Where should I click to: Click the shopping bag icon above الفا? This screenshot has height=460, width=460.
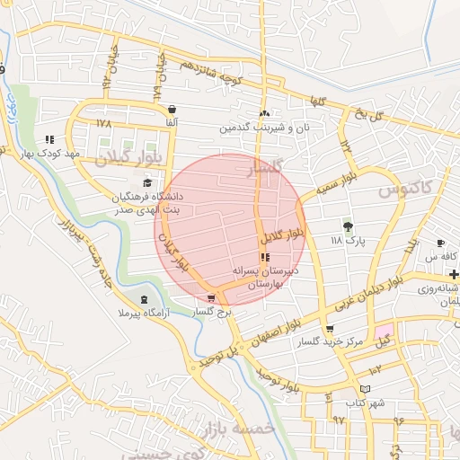coord(172,109)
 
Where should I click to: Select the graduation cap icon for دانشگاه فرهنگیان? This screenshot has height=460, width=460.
coord(146,182)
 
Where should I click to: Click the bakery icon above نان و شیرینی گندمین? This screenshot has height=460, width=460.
coord(263,114)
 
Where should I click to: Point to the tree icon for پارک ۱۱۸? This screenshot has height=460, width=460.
coord(348,226)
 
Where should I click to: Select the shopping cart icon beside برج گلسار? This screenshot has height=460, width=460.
coord(211,298)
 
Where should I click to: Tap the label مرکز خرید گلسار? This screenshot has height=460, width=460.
coord(358,341)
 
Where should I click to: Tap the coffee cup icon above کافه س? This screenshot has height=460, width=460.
coord(440,243)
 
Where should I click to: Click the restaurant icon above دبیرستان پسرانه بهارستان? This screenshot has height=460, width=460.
coord(263,257)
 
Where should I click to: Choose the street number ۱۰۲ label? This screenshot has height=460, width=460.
coord(376,369)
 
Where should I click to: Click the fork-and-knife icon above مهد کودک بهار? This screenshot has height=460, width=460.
coord(49,139)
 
